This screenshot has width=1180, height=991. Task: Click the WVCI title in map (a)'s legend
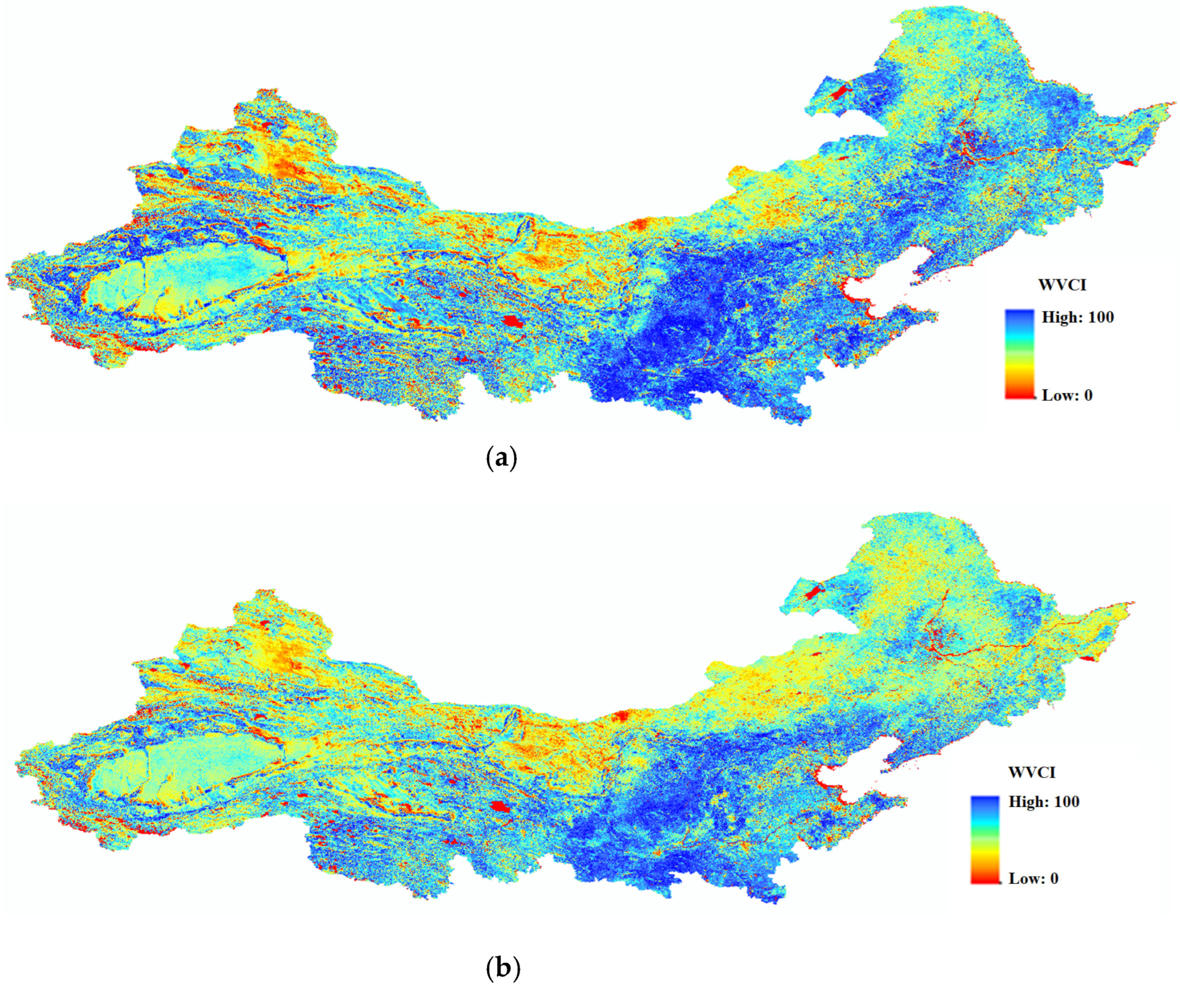click(x=1063, y=285)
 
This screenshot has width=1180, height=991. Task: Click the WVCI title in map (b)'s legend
click(x=1032, y=772)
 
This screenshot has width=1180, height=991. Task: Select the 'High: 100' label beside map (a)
click(x=1078, y=317)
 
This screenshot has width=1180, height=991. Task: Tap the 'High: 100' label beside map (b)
click(x=1044, y=802)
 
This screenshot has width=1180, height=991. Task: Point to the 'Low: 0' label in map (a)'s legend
click(x=1067, y=396)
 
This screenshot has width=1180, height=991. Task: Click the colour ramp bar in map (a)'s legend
click(x=1019, y=354)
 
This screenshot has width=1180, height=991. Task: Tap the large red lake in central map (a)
click(x=512, y=321)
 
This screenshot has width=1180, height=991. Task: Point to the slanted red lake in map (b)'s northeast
click(x=813, y=592)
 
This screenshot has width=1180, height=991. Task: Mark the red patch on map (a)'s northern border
click(x=639, y=225)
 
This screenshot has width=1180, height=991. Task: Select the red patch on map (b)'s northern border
click(x=622, y=716)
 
